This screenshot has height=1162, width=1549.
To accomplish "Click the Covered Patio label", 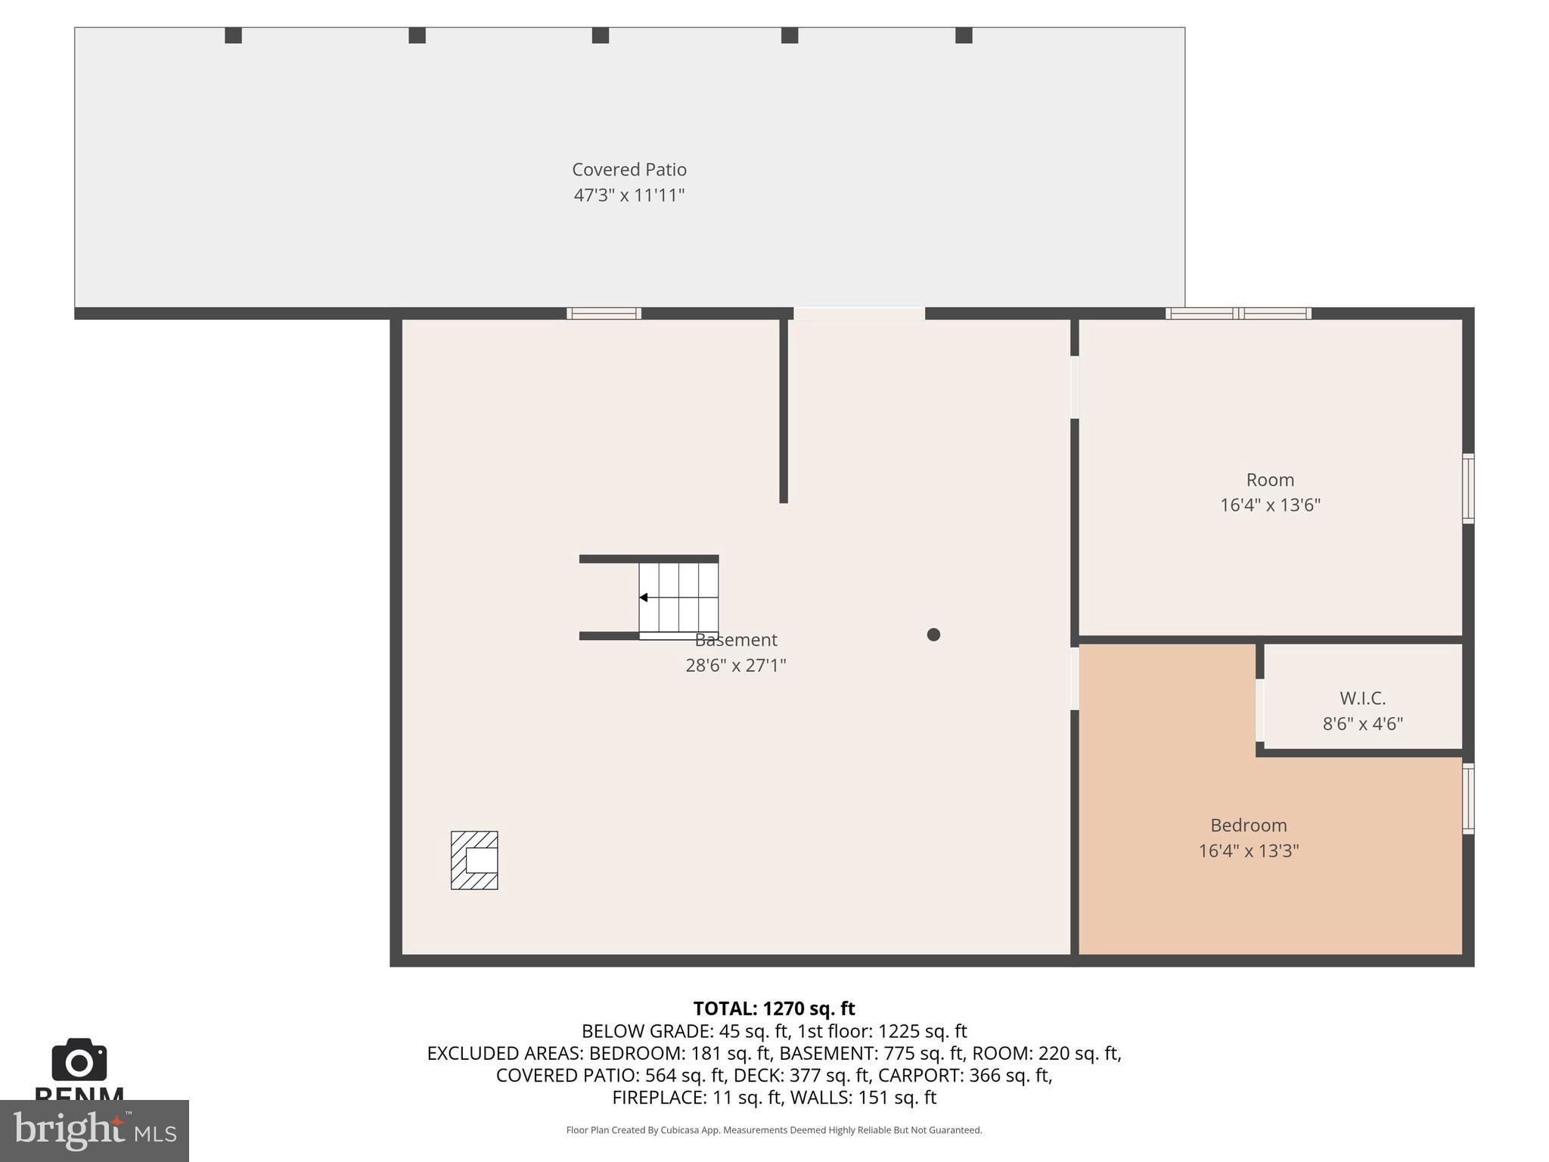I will click(629, 169).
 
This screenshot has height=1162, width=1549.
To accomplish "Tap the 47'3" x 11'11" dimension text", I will click(629, 195).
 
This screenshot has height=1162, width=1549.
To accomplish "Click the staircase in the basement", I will click(678, 598).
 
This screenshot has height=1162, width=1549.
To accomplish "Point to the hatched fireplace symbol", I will click(474, 860).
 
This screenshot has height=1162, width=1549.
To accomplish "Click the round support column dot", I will click(933, 635).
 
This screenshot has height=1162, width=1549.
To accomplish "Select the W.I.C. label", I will click(1362, 698).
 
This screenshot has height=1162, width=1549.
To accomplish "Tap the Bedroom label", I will click(1248, 825).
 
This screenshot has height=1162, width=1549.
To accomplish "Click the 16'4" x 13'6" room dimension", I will click(1270, 505).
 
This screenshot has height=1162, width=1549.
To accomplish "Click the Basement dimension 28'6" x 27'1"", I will click(735, 666).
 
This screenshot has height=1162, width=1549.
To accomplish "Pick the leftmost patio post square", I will click(233, 36).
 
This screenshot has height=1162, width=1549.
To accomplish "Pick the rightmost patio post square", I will click(964, 36).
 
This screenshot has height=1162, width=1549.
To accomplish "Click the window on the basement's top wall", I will click(604, 313).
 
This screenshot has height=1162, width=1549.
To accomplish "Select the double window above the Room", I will click(1238, 313).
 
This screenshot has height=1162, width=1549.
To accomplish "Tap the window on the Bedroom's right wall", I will click(1468, 799).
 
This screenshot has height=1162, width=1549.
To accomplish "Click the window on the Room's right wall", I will click(1468, 488).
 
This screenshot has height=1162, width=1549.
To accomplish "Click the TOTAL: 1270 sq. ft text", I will click(774, 1008).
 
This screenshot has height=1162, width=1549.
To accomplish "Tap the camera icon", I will click(79, 1061).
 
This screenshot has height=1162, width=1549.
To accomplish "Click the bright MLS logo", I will click(94, 1130).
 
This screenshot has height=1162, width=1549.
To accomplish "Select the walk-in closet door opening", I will click(1259, 710).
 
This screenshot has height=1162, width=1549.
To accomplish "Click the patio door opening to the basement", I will click(858, 313).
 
